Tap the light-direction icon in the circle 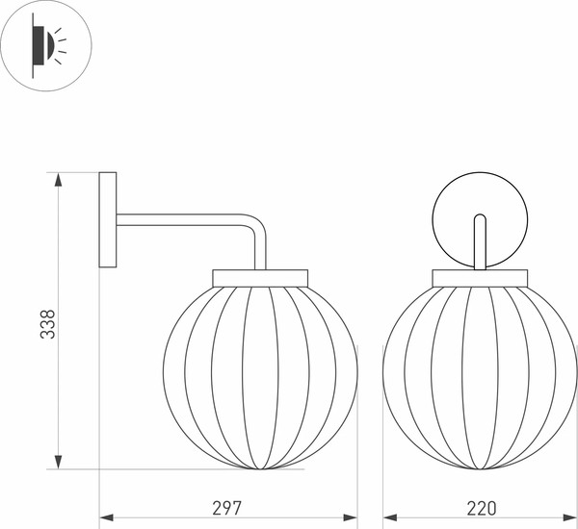click(46, 45)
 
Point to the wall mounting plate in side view click(108, 219)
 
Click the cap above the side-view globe click(260, 277)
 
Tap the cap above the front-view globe click(480, 277)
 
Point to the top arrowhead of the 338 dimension click(59, 179)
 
